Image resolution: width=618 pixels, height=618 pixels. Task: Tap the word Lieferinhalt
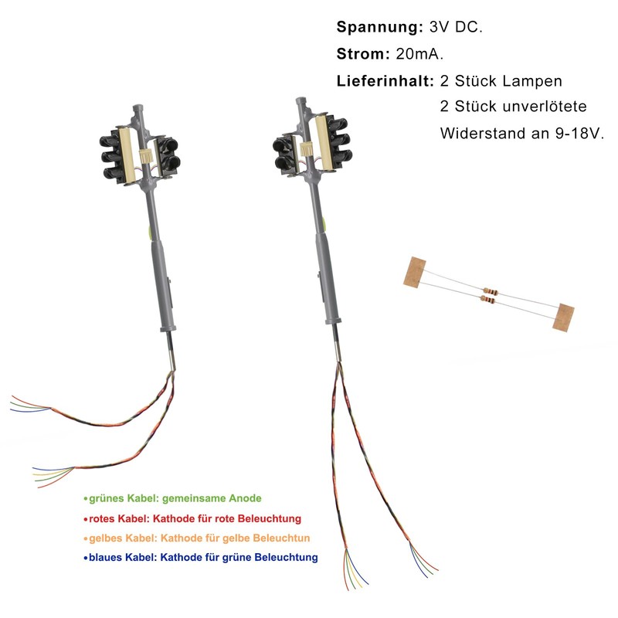(x=384, y=80)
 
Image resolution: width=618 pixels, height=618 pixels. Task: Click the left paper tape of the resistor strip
(x=416, y=271)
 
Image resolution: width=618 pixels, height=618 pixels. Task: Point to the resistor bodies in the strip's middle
(x=489, y=294)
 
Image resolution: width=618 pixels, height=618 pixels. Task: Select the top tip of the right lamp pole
(x=301, y=100)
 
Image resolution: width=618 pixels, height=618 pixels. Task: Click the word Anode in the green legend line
(x=246, y=498)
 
